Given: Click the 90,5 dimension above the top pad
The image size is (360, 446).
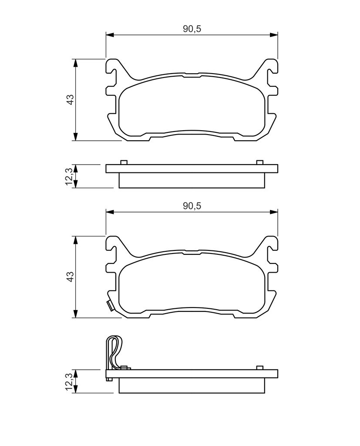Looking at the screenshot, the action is pyautogui.click(x=192, y=29).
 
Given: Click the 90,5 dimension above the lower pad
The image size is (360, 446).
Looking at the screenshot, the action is pyautogui.click(x=192, y=206).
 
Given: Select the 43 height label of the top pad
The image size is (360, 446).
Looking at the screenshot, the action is pyautogui.click(x=70, y=99).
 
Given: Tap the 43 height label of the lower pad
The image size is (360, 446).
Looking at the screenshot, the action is pyautogui.click(x=70, y=277).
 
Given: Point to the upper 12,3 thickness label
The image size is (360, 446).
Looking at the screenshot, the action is pyautogui.click(x=69, y=176).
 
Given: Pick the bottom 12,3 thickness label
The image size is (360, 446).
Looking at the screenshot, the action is pyautogui.click(x=69, y=382).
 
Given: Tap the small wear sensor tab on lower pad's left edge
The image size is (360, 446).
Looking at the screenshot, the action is pyautogui.click(x=110, y=306).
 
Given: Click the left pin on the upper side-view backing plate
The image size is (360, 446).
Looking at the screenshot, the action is pyautogui.click(x=124, y=162).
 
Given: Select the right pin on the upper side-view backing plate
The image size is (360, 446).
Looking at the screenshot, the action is pyautogui.click(x=259, y=162).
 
